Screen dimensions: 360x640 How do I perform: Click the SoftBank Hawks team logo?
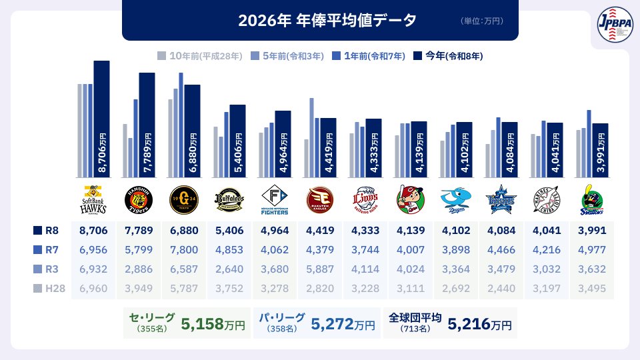tap(93, 198)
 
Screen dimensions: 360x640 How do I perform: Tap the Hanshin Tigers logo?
tap(139, 198)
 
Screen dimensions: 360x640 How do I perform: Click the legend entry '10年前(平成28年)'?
tap(200, 56)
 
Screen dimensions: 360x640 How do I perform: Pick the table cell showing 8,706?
tap(93, 231)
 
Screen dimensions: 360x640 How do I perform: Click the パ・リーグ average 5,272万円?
tap(343, 325)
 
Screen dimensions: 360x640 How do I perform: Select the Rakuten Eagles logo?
tap(319, 198)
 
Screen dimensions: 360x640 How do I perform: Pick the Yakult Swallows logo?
tap(592, 198)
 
